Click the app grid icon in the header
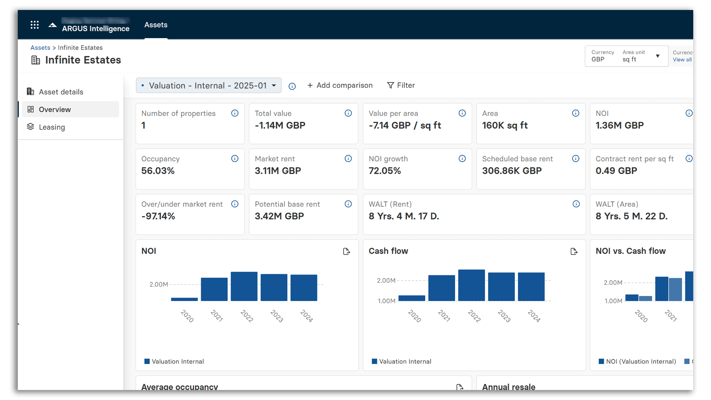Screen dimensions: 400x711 (x=34, y=25)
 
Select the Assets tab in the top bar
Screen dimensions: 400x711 (x=156, y=25)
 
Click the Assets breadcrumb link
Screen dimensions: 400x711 (x=40, y=48)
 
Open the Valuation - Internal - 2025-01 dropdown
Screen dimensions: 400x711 (x=208, y=86)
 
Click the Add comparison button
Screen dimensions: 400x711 (x=340, y=86)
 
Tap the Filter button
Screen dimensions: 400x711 (x=401, y=86)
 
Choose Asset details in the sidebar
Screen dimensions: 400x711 (x=61, y=92)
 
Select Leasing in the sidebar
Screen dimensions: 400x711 (x=52, y=127)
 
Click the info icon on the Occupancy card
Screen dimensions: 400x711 (x=235, y=159)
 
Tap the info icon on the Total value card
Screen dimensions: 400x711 (x=348, y=113)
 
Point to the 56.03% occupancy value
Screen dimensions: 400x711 (x=158, y=171)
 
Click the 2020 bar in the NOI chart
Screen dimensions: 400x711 (x=184, y=299)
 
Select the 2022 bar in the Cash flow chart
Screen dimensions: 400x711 (x=471, y=285)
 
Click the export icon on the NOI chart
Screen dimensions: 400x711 (x=346, y=251)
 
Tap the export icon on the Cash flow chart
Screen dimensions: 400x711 (x=574, y=251)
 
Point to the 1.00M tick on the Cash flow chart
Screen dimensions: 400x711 (x=386, y=301)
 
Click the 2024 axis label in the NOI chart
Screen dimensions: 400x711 (x=307, y=316)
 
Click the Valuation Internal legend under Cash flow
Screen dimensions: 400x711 (x=401, y=361)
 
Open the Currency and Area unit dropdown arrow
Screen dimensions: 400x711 (x=658, y=56)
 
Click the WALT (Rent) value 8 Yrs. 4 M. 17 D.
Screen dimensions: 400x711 (x=404, y=216)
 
